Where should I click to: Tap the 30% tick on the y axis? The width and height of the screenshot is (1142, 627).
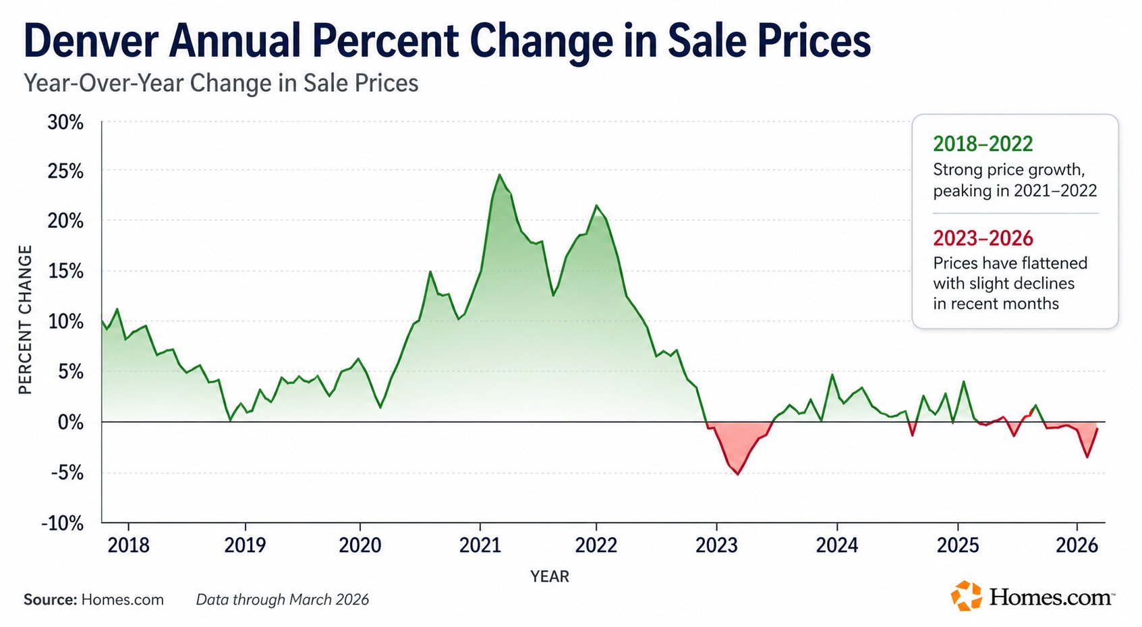[65, 123]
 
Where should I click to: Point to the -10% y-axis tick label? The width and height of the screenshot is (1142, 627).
[63, 524]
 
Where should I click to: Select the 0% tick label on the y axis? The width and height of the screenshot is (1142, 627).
[69, 422]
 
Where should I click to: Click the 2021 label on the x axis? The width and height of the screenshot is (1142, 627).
[480, 545]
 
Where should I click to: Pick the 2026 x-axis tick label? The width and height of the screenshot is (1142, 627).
[1077, 545]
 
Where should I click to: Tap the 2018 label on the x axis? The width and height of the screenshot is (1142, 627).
[128, 545]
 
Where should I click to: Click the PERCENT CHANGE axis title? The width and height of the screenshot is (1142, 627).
[26, 320]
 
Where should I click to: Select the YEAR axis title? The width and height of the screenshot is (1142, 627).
[550, 576]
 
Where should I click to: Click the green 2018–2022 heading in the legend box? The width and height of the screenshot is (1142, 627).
[983, 144]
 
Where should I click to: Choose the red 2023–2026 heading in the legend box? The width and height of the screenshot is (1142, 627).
[983, 238]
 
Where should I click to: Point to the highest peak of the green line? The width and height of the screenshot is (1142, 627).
[500, 175]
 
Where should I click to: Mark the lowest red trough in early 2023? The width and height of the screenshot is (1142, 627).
[737, 474]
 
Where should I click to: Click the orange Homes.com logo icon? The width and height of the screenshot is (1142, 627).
[967, 596]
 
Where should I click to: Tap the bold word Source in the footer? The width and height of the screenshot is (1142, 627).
[50, 600]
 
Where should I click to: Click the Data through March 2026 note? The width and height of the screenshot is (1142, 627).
[283, 600]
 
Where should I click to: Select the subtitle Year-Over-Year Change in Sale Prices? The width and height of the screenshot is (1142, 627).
[221, 83]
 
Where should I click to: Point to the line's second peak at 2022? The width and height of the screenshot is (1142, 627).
[596, 205]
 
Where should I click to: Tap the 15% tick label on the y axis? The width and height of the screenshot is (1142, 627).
[65, 271]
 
